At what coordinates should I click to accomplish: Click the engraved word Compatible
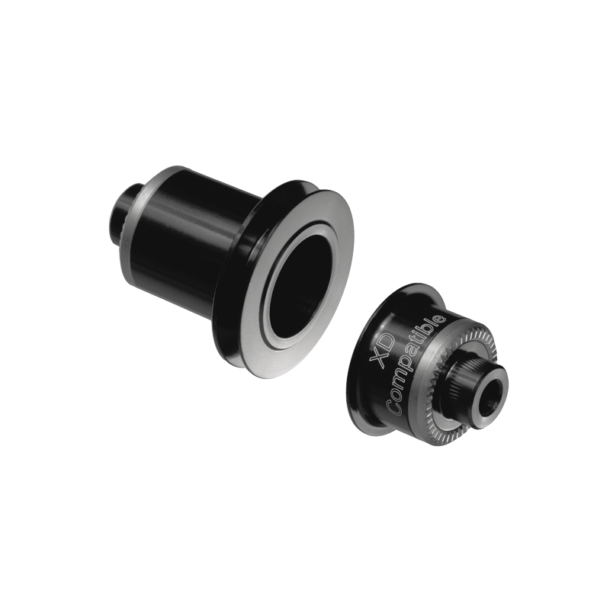[416, 365]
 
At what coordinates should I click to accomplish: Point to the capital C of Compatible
[394, 409]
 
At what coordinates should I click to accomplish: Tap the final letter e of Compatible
[440, 319]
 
